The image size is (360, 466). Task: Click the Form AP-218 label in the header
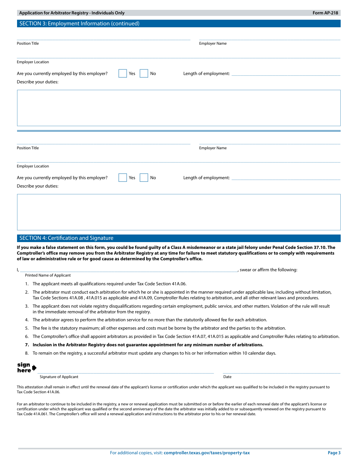[326, 13]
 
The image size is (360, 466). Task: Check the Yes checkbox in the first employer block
[122, 73]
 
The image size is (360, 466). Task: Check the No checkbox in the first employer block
[144, 73]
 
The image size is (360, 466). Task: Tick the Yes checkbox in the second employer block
[122, 178]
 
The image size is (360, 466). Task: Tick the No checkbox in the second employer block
[144, 178]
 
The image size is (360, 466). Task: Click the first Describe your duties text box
[178, 108]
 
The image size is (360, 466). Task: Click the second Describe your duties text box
[178, 212]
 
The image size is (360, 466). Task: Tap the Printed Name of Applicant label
[48, 275]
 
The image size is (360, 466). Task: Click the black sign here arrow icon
[34, 368]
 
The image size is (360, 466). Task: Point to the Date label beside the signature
[227, 377]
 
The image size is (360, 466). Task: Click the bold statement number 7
[147, 345]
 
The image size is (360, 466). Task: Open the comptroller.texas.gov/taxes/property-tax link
[207, 453]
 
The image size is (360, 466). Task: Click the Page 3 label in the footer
[334, 453]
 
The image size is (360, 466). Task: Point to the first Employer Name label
[213, 44]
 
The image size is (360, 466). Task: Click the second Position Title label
[28, 148]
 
